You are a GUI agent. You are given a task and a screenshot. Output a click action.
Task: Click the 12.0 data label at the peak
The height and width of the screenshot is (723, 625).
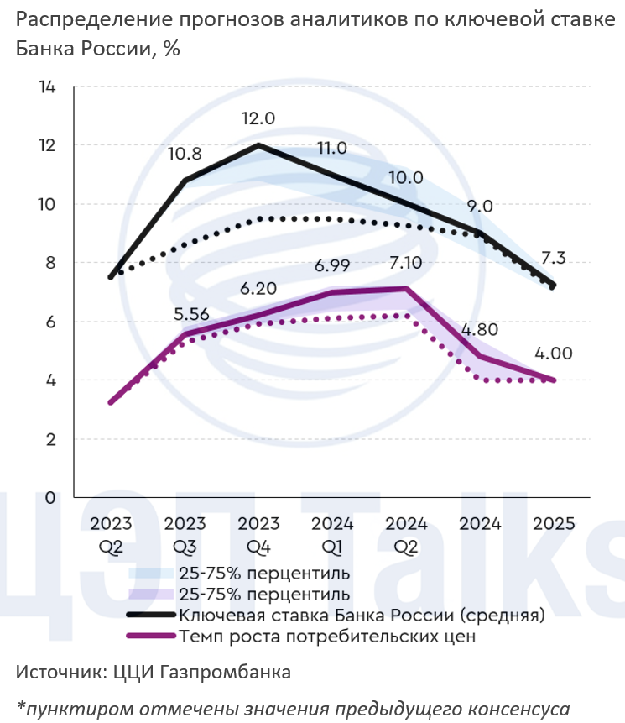(258, 119)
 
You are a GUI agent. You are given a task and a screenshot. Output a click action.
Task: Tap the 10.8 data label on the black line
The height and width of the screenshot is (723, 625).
(185, 154)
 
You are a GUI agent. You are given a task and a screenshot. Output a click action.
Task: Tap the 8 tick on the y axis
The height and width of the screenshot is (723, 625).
(49, 263)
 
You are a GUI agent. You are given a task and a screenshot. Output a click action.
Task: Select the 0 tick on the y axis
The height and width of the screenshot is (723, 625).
(49, 497)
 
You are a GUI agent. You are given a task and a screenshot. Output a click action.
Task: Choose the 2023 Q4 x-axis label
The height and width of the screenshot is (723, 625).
(258, 534)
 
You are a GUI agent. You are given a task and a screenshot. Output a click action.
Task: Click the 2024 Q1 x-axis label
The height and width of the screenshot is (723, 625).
(332, 534)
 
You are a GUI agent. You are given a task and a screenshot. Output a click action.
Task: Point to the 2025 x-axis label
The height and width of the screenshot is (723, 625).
(554, 524)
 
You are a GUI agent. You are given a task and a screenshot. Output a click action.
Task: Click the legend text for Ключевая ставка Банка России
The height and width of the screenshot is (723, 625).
(361, 616)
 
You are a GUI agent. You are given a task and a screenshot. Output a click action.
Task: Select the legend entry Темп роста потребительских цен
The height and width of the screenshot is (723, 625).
(327, 637)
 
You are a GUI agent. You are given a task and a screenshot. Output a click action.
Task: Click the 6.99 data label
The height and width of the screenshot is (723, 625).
(331, 265)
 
